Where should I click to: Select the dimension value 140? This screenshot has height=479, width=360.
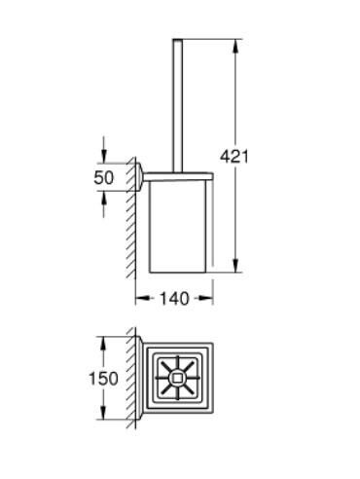(174, 301)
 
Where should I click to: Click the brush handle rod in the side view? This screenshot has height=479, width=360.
(178, 107)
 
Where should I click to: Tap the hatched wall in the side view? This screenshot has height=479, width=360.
(130, 224)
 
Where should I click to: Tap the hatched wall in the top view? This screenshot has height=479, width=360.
(129, 376)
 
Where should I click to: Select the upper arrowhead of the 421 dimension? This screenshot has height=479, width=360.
(235, 44)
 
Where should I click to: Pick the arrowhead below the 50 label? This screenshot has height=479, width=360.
(103, 200)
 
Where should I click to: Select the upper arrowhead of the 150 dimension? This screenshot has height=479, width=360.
(102, 342)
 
